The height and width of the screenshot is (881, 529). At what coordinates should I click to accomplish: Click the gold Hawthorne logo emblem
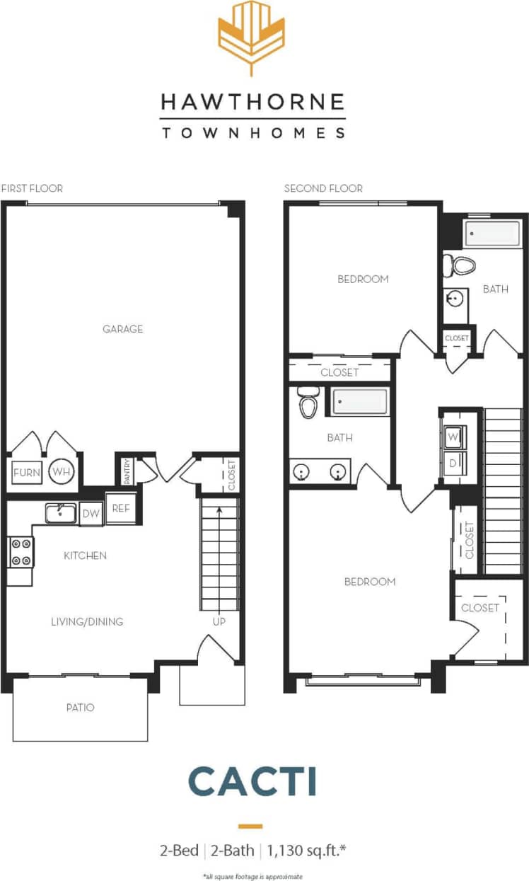[252, 38]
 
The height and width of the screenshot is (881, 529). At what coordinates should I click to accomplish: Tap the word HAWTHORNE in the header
[252, 103]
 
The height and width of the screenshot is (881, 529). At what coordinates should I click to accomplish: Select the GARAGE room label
[122, 329]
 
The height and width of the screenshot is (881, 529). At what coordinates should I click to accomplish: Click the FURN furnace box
[27, 473]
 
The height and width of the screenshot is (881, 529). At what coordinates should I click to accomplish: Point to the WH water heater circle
[61, 472]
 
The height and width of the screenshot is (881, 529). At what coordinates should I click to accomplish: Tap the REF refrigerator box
[120, 508]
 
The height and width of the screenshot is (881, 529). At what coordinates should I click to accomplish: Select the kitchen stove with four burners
[21, 552]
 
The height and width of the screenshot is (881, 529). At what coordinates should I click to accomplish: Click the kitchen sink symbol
[61, 512]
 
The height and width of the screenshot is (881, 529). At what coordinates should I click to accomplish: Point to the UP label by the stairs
[219, 622]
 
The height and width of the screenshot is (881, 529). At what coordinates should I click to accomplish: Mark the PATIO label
[80, 707]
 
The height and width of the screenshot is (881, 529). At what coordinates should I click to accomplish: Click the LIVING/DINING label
[87, 622]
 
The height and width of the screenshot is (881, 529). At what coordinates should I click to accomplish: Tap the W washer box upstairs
[453, 438]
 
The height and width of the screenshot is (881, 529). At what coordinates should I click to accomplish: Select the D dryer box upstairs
[453, 463]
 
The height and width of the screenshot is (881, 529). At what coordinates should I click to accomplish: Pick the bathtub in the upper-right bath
[492, 234]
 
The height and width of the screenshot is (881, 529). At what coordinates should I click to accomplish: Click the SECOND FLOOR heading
[323, 188]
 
